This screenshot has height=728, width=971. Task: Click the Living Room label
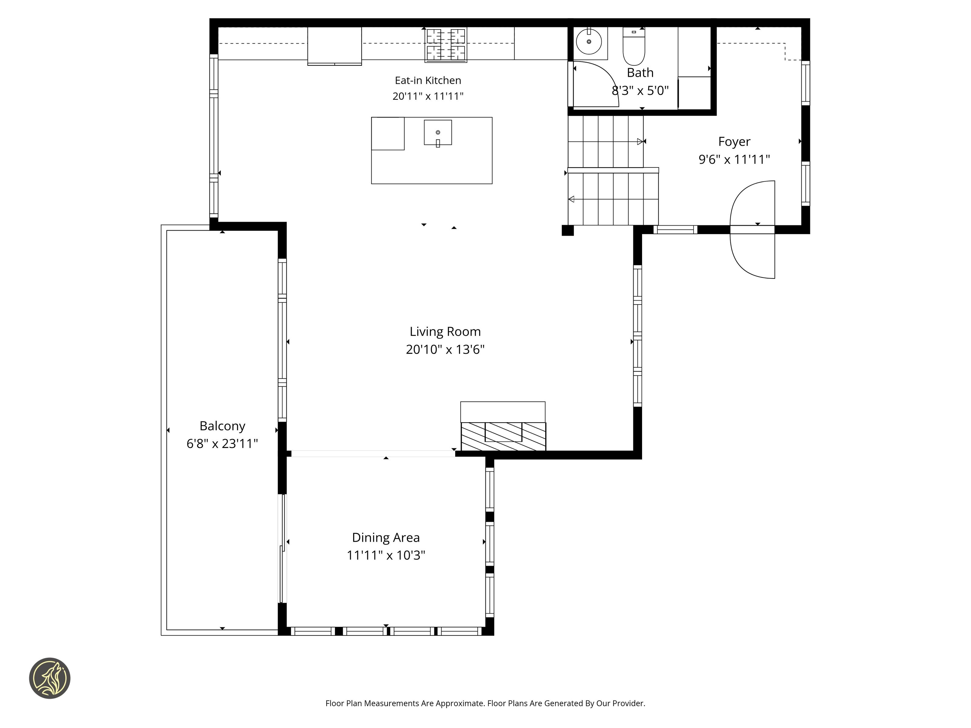coord(445,332)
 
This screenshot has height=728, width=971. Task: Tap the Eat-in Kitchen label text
coord(428,80)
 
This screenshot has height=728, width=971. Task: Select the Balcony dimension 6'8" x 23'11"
coord(222,444)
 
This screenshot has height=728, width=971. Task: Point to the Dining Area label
coord(386,538)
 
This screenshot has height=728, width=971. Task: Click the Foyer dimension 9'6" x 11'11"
coord(734,159)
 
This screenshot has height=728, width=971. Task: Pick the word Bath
coord(640,73)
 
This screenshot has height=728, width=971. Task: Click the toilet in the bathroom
coord(634,46)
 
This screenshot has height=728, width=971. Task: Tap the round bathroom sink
coord(589,42)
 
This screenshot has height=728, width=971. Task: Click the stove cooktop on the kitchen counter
coord(445,44)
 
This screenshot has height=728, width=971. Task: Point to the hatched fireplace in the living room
coord(503,436)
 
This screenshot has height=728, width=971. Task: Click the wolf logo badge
coord(49,678)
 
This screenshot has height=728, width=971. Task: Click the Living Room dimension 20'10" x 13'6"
coord(445,350)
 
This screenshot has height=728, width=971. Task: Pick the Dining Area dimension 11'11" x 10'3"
coord(386,555)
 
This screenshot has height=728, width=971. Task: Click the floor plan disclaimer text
coord(485,703)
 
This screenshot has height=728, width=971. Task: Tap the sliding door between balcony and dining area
coord(283,548)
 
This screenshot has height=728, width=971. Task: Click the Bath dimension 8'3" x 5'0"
coord(640,91)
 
